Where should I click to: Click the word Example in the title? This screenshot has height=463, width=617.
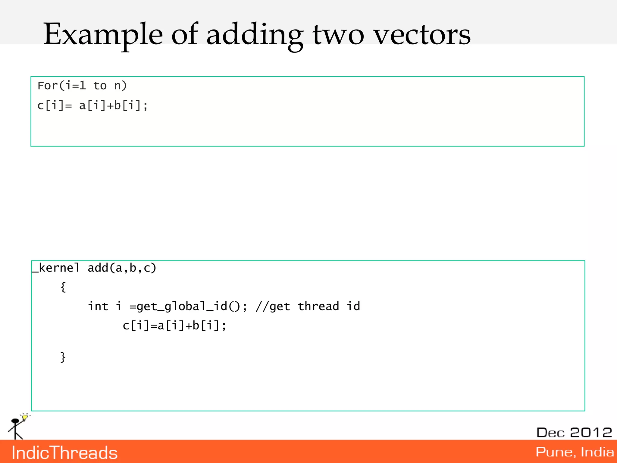point(103,35)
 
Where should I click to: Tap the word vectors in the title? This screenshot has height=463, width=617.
point(422,35)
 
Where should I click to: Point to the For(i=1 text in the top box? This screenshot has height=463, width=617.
point(62,86)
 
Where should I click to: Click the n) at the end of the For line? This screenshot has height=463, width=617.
point(121,86)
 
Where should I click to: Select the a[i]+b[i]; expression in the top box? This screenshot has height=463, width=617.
point(113,106)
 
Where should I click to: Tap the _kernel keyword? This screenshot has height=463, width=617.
point(56,268)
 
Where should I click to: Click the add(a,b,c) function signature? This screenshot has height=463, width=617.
point(122,268)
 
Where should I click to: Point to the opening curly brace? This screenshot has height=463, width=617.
point(63,287)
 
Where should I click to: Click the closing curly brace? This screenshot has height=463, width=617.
point(63,357)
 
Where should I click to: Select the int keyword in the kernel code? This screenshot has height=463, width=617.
point(98,306)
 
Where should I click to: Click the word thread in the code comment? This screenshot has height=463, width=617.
point(318,306)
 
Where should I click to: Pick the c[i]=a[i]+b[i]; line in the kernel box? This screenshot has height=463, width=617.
point(174,326)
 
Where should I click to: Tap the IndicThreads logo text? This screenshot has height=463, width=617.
point(64,453)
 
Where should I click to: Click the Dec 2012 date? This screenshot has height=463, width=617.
point(574,433)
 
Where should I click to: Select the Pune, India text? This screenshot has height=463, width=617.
point(574,452)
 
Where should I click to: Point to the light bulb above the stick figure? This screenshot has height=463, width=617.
point(25,417)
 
